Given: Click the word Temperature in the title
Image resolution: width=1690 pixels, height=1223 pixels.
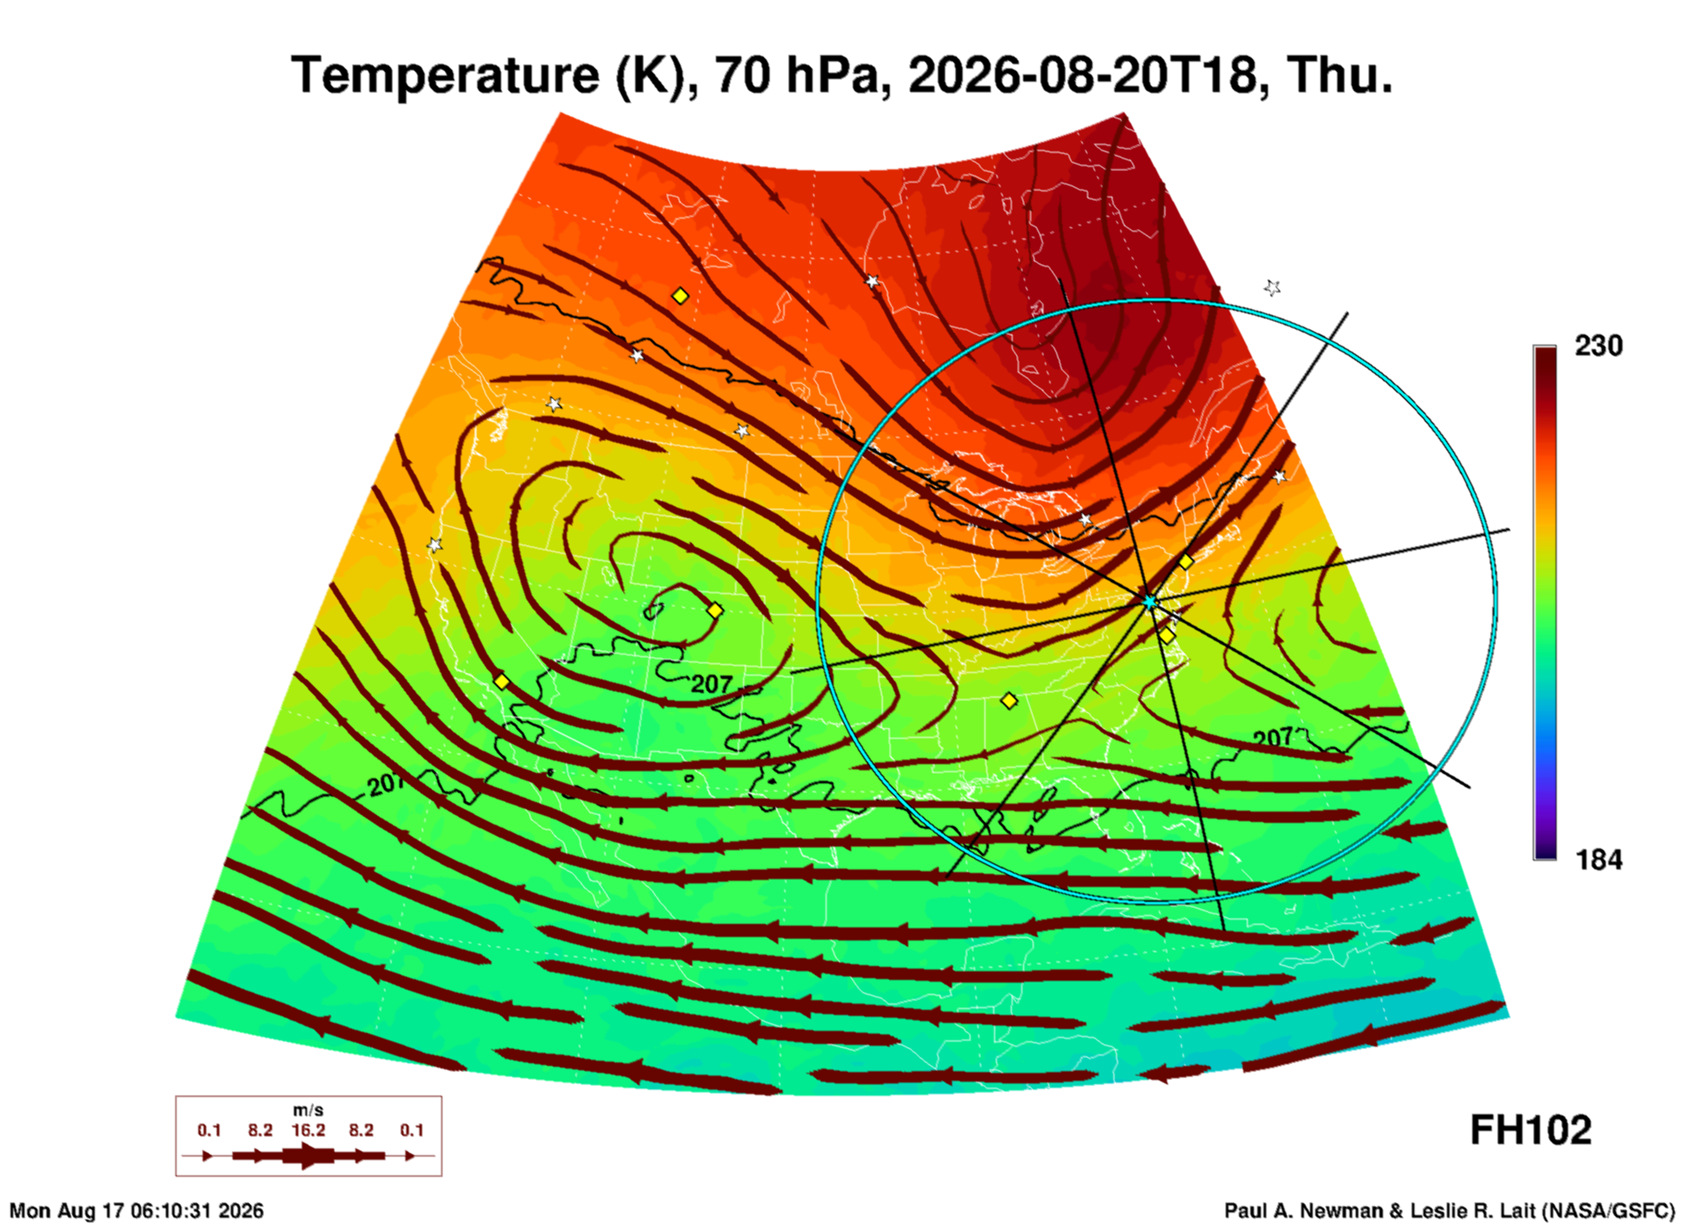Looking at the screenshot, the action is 444,75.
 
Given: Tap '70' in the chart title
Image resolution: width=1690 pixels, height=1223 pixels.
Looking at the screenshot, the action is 741,75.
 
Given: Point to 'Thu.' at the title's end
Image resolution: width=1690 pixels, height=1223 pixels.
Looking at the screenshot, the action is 1340,75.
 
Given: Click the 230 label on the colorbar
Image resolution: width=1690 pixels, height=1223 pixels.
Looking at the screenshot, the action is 1598,346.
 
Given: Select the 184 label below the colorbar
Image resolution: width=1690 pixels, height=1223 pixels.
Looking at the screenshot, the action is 1598,860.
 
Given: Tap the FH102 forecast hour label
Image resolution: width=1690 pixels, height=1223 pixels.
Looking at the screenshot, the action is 1530,1130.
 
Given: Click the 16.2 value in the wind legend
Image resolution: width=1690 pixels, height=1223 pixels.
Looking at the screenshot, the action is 308,1130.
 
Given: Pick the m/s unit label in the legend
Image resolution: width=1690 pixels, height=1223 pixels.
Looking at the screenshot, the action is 308,1111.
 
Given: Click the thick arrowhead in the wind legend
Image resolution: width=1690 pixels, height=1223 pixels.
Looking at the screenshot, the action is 308,1155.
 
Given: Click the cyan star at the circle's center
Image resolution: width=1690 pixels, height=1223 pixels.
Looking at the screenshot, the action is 1149,602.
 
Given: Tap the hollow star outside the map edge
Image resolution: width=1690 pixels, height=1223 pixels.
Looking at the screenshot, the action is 1272,287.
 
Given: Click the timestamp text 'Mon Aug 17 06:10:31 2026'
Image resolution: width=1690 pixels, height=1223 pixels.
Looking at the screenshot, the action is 136,1211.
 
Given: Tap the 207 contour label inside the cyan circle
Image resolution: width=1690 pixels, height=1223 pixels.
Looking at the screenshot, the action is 1273,737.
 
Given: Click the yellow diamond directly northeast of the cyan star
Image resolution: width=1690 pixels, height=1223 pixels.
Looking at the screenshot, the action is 1185,561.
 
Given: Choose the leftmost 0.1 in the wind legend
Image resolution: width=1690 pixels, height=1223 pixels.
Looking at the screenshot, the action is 209,1130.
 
